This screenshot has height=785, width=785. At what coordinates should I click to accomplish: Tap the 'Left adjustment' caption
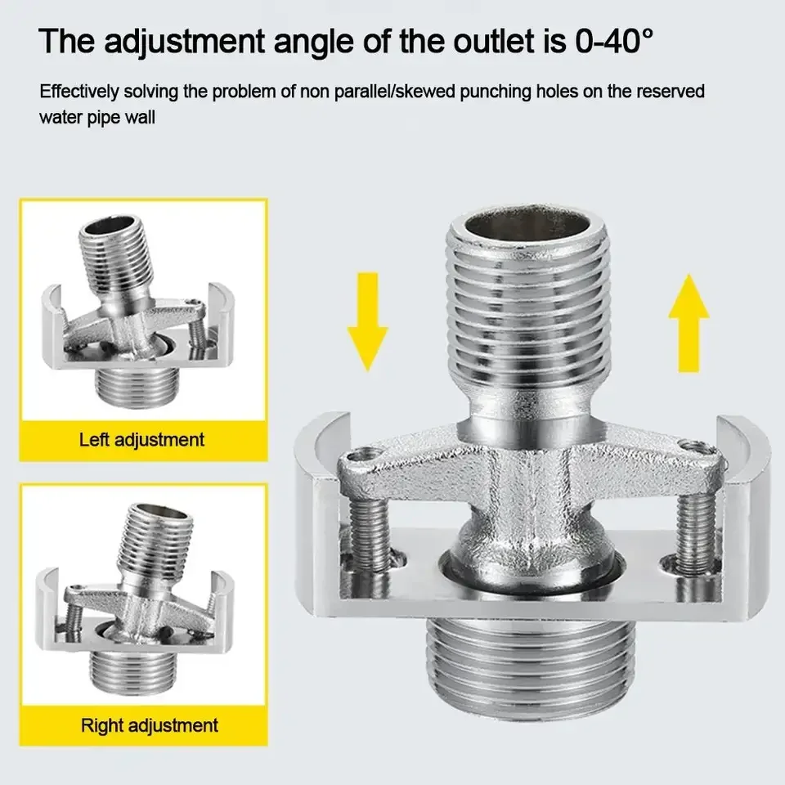[x=141, y=440]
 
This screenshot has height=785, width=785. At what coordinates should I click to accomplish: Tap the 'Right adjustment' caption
[x=149, y=724]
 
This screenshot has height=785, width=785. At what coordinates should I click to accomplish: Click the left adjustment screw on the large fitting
[x=366, y=532]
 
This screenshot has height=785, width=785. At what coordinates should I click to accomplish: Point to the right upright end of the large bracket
[x=741, y=507]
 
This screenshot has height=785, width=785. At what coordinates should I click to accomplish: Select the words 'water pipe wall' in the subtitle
[x=97, y=118]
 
